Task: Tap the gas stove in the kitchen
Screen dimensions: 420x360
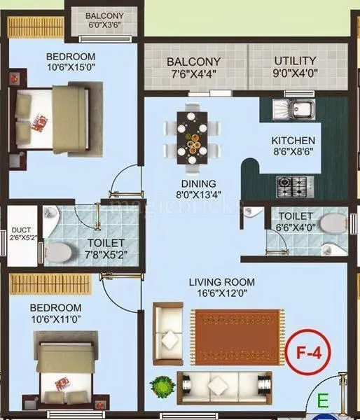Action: (289, 185)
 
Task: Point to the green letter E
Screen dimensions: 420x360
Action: (323, 401)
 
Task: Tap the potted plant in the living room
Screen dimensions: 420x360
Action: (162, 386)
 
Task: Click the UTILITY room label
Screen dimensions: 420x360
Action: (295, 60)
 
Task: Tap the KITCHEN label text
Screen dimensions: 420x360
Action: (293, 140)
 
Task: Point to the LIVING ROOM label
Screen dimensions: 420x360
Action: (221, 282)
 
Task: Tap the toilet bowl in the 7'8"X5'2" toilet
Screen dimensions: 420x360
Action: (60, 251)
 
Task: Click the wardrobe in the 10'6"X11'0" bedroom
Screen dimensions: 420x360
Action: (50, 284)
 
